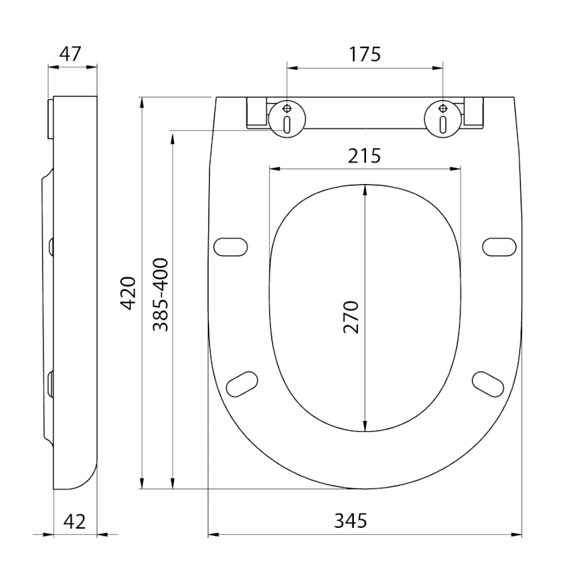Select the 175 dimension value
click(x=364, y=54)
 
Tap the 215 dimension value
click(x=364, y=155)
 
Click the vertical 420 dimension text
click(x=128, y=292)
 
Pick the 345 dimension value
click(x=350, y=521)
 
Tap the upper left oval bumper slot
click(x=232, y=246)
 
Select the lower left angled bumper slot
click(x=241, y=383)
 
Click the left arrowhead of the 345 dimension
click(x=213, y=534)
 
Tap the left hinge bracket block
click(x=256, y=113)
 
